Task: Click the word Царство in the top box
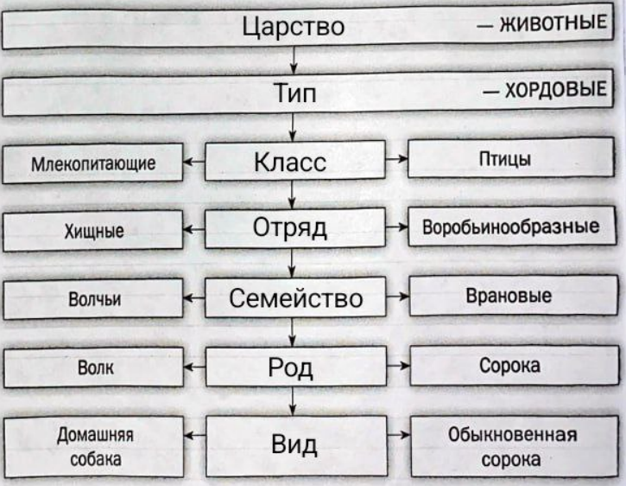pyautogui.click(x=294, y=27)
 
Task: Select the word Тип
pyautogui.click(x=294, y=94)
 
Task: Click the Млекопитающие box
pyautogui.click(x=93, y=163)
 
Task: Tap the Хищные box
pyautogui.click(x=93, y=230)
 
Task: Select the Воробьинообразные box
pyautogui.click(x=515, y=228)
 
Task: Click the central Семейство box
pyautogui.click(x=294, y=298)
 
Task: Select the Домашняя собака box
pyautogui.click(x=93, y=446)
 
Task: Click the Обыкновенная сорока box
pyautogui.click(x=515, y=445)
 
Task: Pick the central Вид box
pyautogui.click(x=294, y=444)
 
